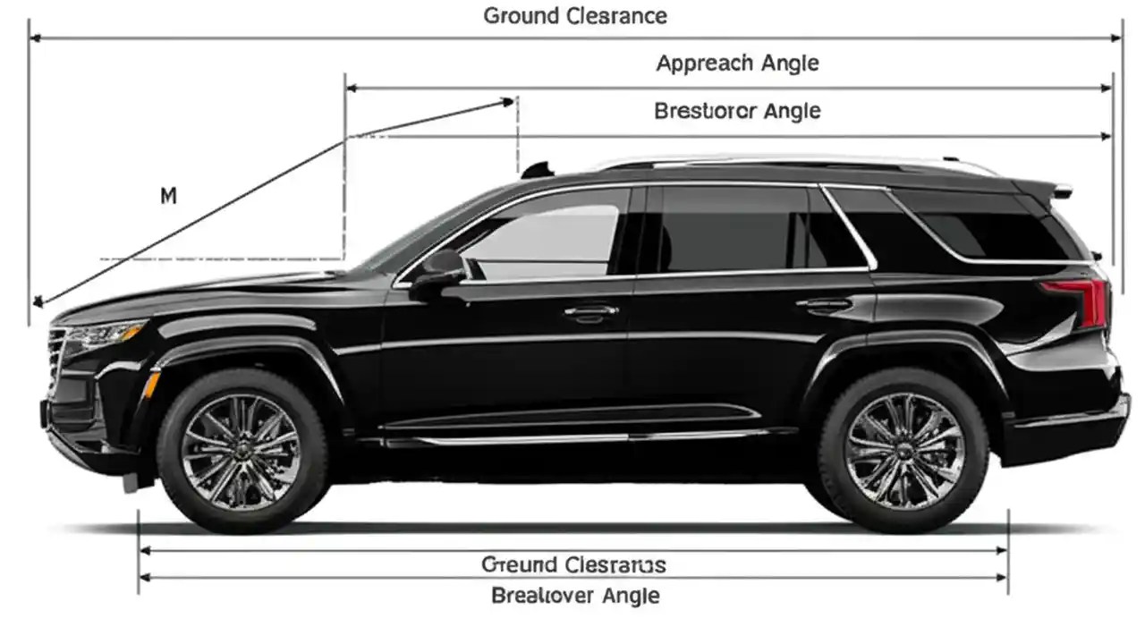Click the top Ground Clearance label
click(574, 16)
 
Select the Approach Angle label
click(737, 64)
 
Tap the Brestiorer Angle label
click(737, 112)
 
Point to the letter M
click(168, 195)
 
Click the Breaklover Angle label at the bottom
click(575, 596)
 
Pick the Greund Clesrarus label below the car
click(573, 564)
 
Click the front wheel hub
click(242, 452)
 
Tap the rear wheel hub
click(903, 452)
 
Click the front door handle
click(591, 311)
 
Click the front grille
click(57, 358)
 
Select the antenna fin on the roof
click(537, 170)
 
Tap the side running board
click(572, 436)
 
